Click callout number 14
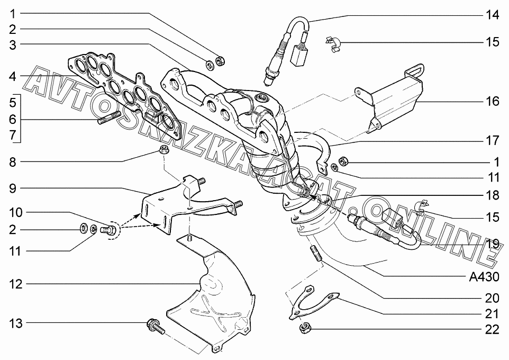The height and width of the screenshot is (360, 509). [492, 15]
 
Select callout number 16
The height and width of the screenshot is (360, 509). [492, 101]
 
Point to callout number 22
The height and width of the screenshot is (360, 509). [492, 329]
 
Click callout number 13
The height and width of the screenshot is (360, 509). [16, 323]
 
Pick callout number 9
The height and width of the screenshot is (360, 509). [12, 187]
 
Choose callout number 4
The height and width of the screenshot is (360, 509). [12, 77]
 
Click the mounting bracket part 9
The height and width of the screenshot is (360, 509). [183, 204]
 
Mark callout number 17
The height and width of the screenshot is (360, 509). [492, 141]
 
